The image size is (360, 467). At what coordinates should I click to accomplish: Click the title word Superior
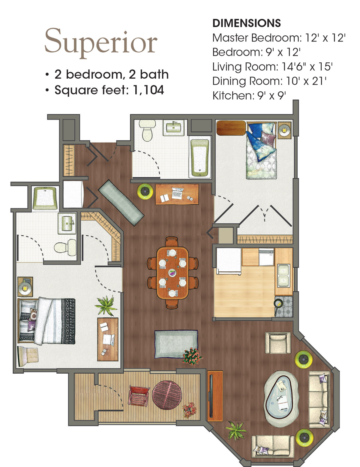[101, 43]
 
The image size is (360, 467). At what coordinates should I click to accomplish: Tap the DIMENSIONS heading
[247, 23]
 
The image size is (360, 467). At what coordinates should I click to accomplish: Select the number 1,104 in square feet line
[148, 90]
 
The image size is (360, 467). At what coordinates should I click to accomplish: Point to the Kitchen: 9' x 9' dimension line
[249, 95]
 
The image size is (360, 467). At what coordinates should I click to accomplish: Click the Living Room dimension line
[272, 67]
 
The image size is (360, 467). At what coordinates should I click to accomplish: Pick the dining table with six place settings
[172, 273]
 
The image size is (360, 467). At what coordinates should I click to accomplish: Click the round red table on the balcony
[167, 395]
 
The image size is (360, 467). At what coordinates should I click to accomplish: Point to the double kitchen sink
[283, 276]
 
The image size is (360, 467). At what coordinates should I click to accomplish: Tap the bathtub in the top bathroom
[200, 158]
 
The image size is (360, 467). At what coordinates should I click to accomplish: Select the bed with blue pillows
[261, 150]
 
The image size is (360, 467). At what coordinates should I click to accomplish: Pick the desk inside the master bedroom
[108, 339]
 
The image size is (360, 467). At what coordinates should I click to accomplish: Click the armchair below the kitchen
[278, 343]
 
